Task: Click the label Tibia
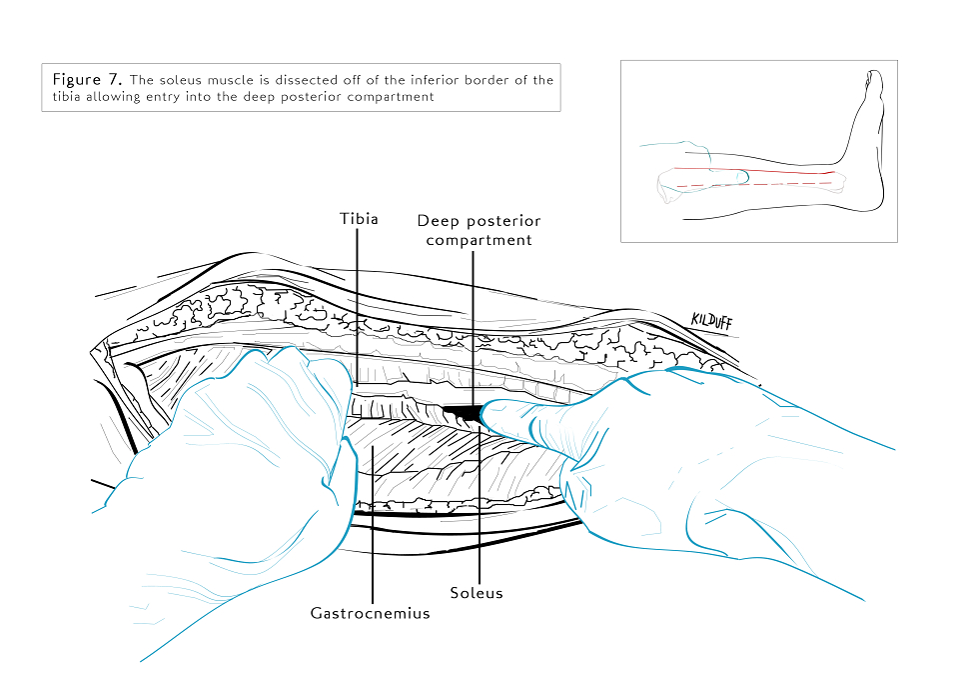pyautogui.click(x=359, y=219)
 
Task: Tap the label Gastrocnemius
pyautogui.click(x=370, y=613)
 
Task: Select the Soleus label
pyautogui.click(x=477, y=593)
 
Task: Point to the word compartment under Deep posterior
pyautogui.click(x=479, y=240)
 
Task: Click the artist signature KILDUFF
pyautogui.click(x=711, y=321)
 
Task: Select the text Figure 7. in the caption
pyautogui.click(x=87, y=80)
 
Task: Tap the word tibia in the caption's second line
pyautogui.click(x=66, y=97)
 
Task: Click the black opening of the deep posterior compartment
pyautogui.click(x=465, y=411)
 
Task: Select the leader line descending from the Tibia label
pyautogui.click(x=358, y=306)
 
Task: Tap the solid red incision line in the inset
pyautogui.click(x=754, y=170)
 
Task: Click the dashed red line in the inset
pyautogui.click(x=754, y=184)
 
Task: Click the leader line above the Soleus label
pyautogui.click(x=479, y=503)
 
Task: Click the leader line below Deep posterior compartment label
pyautogui.click(x=473, y=328)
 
